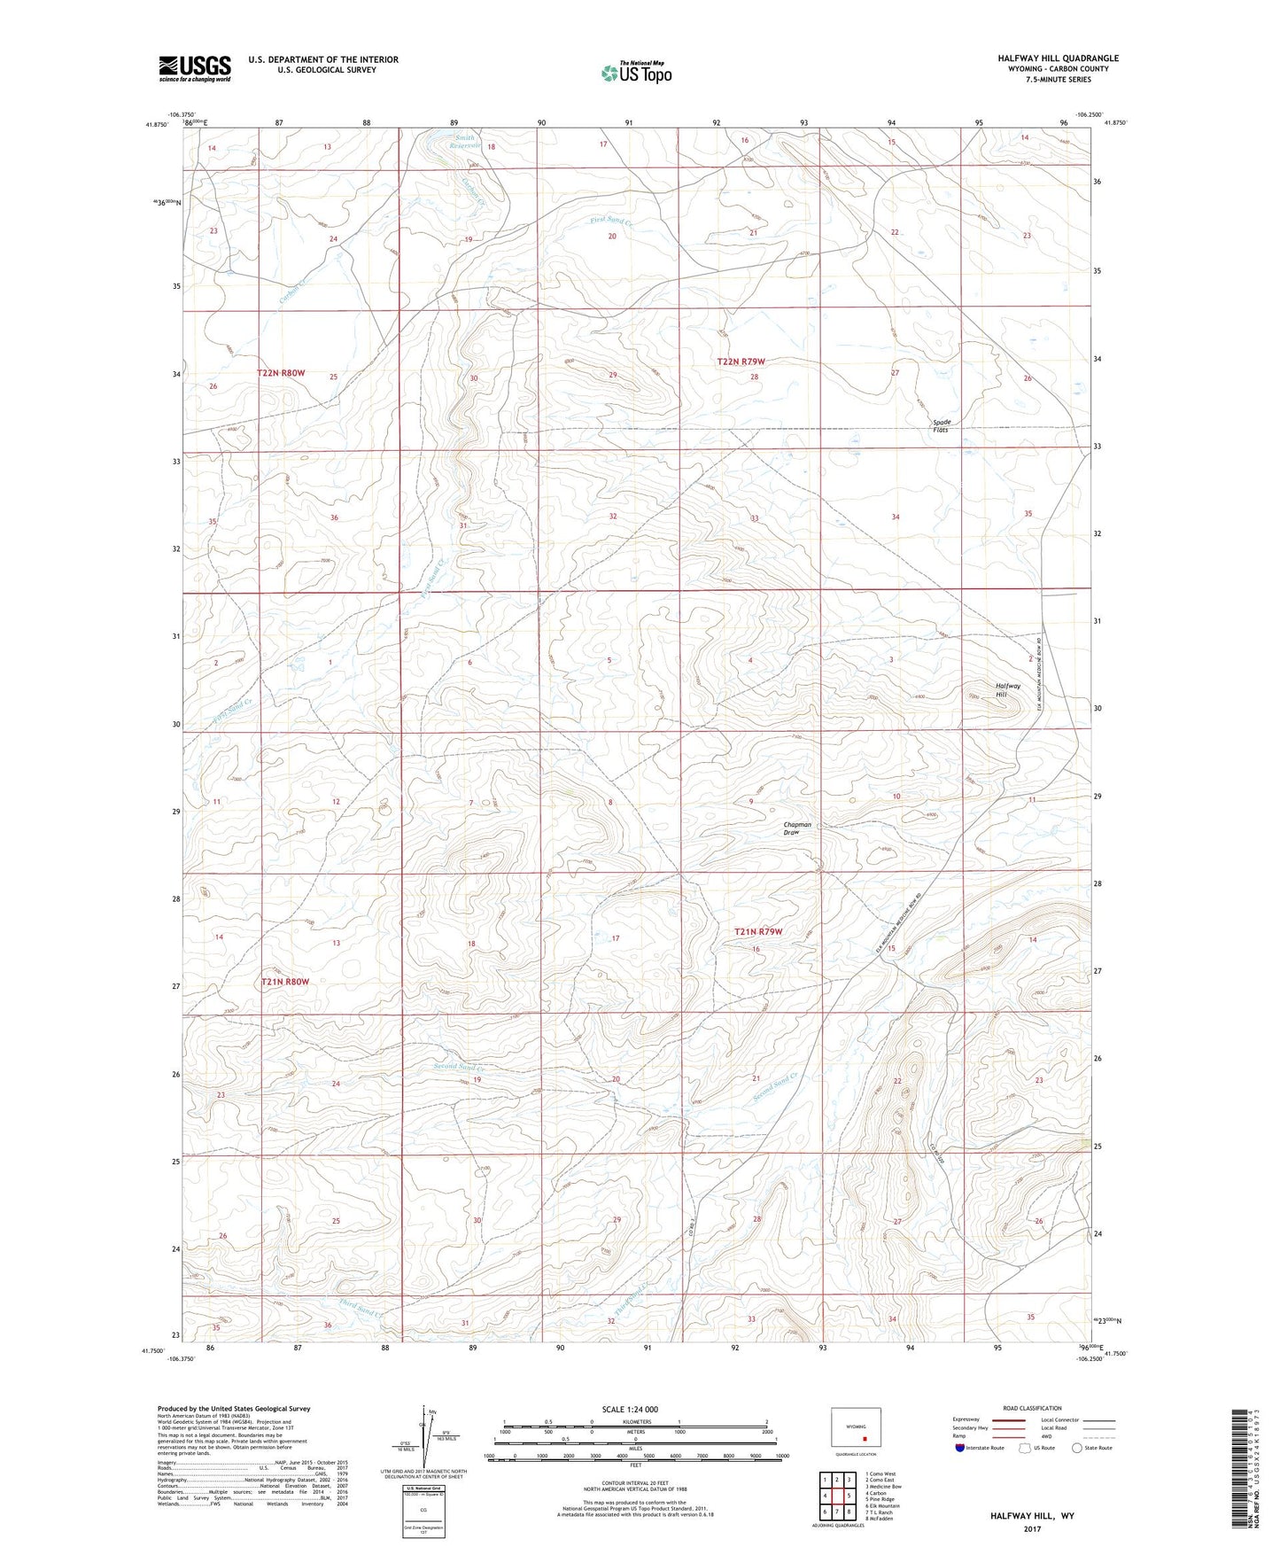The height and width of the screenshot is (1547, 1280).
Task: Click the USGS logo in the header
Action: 195,67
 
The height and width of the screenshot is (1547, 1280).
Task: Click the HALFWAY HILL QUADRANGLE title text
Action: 1058,58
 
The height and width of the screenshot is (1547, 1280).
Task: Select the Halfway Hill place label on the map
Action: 1008,690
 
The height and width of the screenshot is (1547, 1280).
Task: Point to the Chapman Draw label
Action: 797,828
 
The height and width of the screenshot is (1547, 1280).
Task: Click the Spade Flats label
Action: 941,426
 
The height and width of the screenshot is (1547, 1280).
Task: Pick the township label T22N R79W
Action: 741,361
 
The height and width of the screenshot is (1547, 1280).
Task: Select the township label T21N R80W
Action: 285,982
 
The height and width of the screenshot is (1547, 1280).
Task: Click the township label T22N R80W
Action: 281,373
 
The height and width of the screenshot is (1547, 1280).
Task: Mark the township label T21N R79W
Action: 759,931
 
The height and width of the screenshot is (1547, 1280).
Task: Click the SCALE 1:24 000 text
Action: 630,1409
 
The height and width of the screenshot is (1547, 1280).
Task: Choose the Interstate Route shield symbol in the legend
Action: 961,1448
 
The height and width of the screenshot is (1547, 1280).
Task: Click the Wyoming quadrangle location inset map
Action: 856,1431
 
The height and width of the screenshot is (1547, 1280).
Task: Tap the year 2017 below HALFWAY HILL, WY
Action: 1031,1528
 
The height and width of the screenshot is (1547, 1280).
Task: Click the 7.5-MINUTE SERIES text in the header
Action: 1058,80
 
